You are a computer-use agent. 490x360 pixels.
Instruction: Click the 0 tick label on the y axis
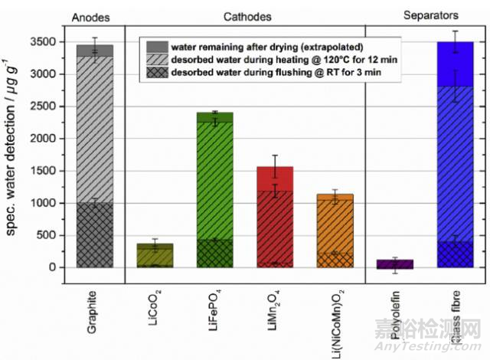(51, 267)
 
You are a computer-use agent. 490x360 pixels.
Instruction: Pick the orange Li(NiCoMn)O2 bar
(332, 230)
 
